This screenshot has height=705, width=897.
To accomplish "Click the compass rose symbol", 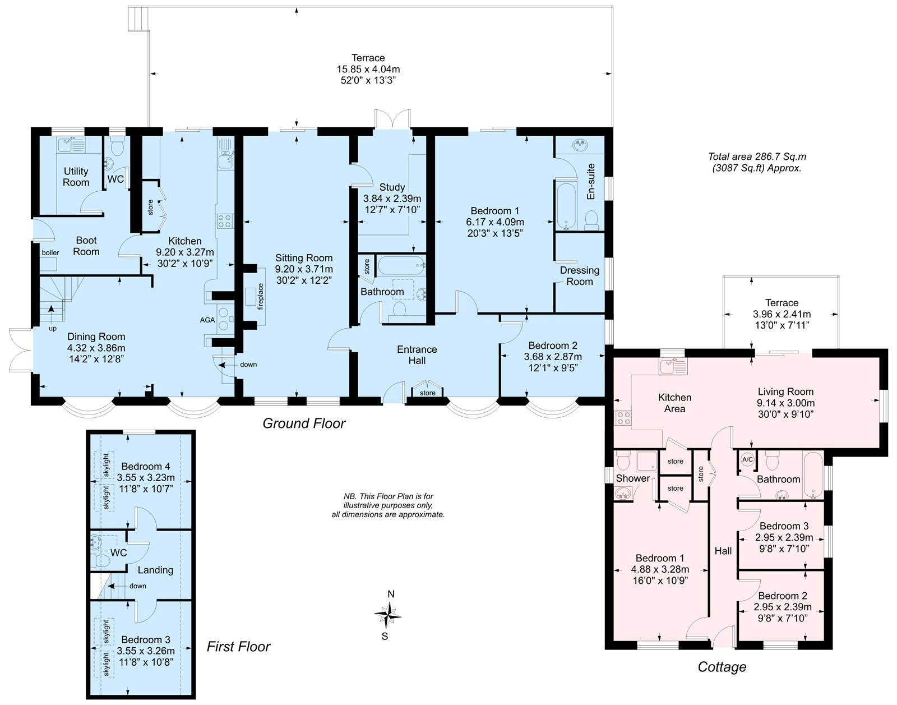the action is tap(387, 615).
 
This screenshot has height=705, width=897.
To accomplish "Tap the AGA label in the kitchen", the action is tap(207, 320).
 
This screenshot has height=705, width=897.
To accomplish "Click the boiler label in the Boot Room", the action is tap(50, 252).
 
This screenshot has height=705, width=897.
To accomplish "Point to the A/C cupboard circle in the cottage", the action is tap(747, 460).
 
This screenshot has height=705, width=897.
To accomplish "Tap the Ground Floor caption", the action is tap(304, 423).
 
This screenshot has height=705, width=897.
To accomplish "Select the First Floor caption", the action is tap(239, 647).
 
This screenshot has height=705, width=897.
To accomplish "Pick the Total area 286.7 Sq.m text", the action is tap(757, 157).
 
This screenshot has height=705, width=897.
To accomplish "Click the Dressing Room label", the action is tap(580, 276).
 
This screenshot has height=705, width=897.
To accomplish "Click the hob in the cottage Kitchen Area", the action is tap(623, 418).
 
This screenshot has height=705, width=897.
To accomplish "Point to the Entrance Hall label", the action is tap(417, 355).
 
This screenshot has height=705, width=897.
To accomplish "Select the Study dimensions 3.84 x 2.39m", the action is tap(392, 199).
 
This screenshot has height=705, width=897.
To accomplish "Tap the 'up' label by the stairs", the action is tap(53, 329).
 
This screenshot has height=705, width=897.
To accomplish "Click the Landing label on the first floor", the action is tap(155, 570).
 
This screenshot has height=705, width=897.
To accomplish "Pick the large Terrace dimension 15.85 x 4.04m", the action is tap(368, 70).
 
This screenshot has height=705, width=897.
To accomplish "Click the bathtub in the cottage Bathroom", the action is tap(812, 474).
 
